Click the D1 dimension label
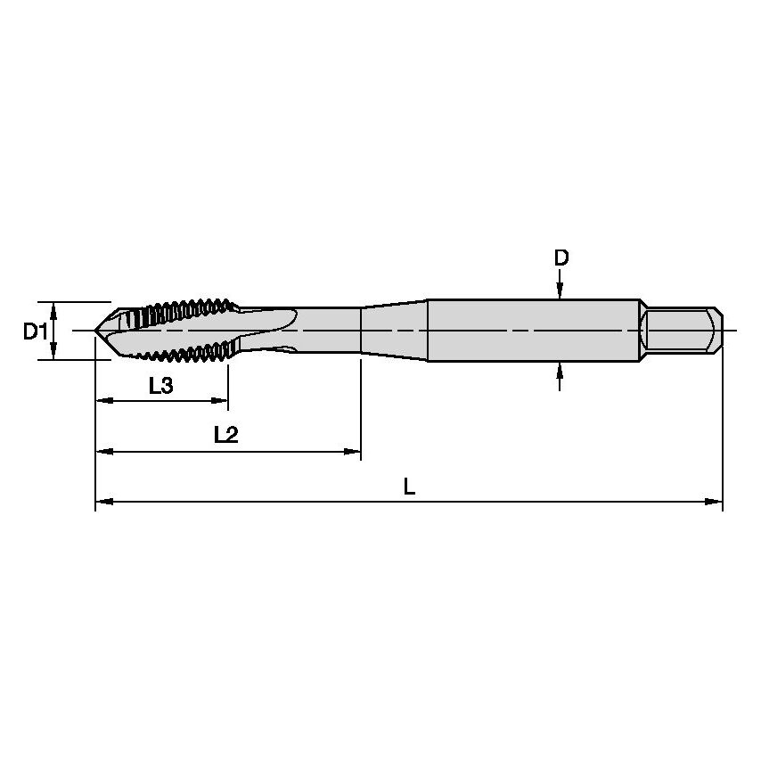(x=34, y=332)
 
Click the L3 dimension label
(x=160, y=386)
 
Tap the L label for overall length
(x=408, y=487)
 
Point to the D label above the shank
(x=561, y=258)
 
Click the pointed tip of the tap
(x=96, y=331)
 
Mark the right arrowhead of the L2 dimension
(x=353, y=453)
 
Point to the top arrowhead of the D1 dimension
(x=54, y=309)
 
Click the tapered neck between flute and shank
(x=394, y=331)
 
